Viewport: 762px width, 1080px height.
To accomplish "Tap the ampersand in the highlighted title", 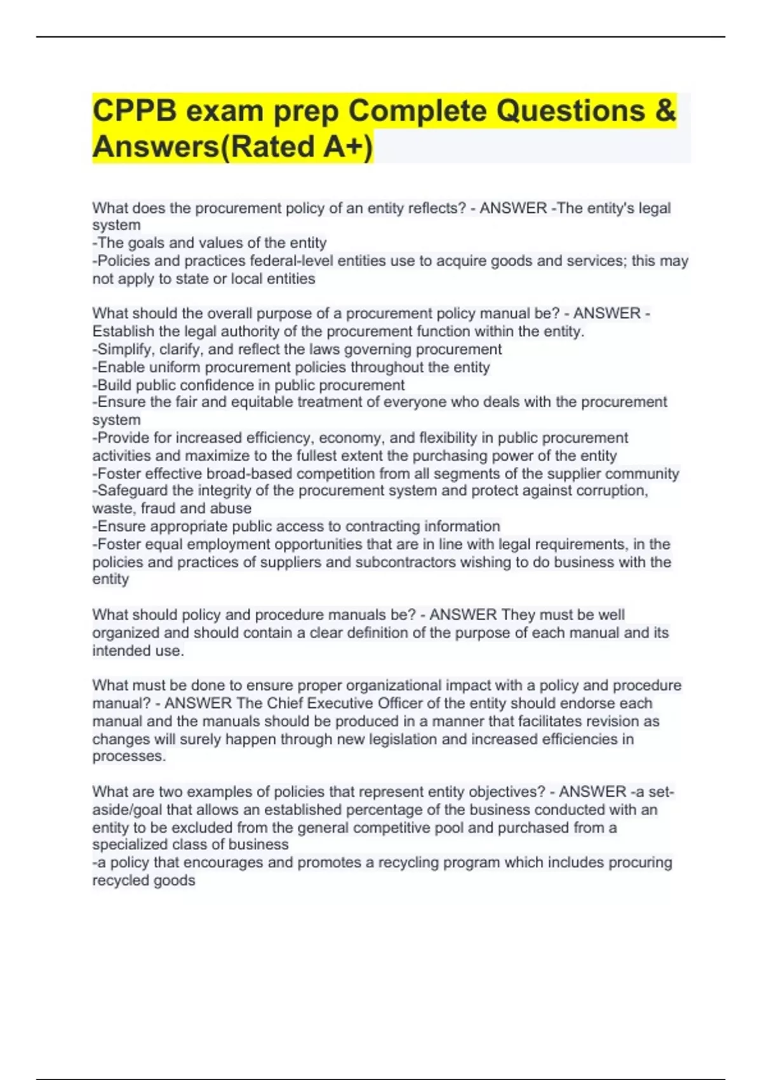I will click(x=665, y=111).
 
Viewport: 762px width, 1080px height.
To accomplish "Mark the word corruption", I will click(x=611, y=490).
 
